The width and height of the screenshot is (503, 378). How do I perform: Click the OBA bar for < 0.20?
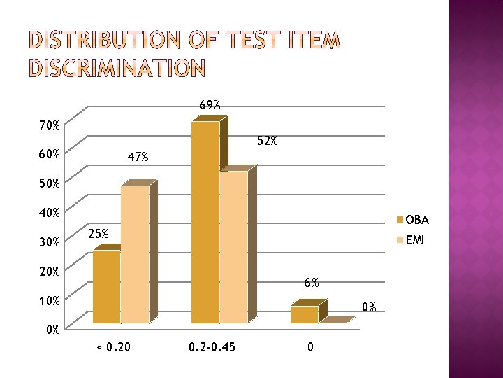pos(106,287)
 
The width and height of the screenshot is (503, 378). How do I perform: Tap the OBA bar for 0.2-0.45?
pos(205,223)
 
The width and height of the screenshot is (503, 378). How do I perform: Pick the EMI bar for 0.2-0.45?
pos(233,247)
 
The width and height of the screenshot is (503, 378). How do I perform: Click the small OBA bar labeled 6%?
pos(305,314)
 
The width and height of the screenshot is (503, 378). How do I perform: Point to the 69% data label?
pos(210,106)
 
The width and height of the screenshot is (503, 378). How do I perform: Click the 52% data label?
pos(267,141)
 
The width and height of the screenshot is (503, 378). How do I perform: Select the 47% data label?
pos(138,157)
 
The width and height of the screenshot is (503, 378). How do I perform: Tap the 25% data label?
pos(98,234)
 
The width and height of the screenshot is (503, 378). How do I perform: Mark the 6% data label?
pos(312,283)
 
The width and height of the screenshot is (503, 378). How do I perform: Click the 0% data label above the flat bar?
pos(369,307)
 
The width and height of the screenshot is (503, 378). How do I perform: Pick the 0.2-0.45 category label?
pos(212,346)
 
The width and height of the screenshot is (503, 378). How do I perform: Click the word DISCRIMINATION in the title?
pos(107,68)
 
